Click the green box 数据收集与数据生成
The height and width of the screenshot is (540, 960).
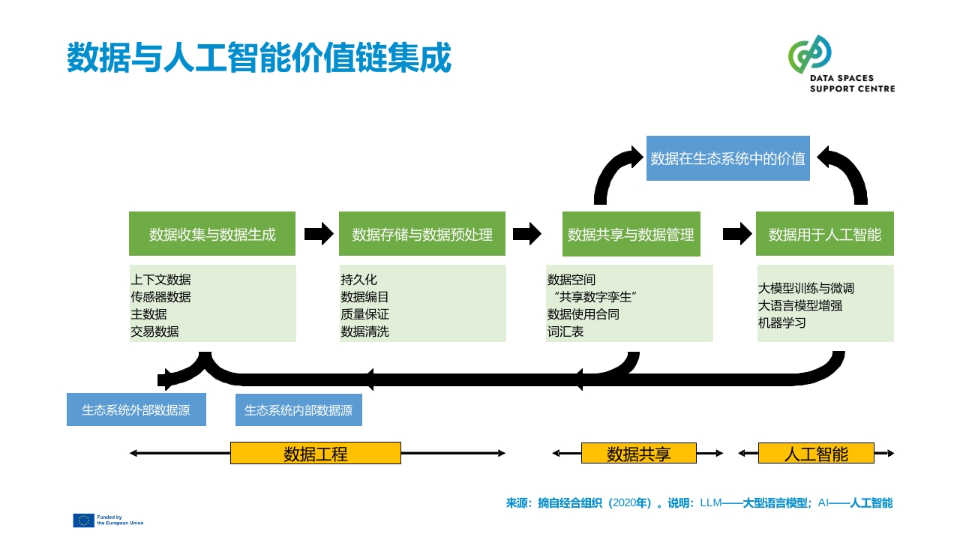[212, 233]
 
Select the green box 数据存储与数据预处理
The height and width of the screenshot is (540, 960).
[422, 233]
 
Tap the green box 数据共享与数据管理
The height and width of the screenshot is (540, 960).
[631, 234]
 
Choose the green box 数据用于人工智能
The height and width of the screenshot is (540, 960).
[825, 233]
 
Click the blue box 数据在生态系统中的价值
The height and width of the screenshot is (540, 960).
[728, 158]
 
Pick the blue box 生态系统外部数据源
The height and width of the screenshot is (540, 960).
[136, 409]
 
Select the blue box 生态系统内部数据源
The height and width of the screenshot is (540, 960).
[298, 410]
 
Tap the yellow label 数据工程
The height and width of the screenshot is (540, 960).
[316, 454]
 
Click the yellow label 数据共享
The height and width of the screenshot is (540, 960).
[638, 454]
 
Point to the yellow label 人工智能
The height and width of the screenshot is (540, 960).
[816, 454]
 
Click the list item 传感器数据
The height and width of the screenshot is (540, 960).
[160, 297]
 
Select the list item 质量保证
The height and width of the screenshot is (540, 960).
[364, 314]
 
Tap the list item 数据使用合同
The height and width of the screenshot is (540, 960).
[583, 314]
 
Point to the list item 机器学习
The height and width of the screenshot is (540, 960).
[782, 322]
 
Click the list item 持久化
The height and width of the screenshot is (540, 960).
[358, 280]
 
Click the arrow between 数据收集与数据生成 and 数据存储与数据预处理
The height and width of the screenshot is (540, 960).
[319, 234]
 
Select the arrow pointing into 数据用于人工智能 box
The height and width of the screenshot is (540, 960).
[737, 234]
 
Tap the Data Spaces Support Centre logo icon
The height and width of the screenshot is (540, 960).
[809, 54]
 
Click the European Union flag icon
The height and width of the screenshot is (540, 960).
[83, 520]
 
